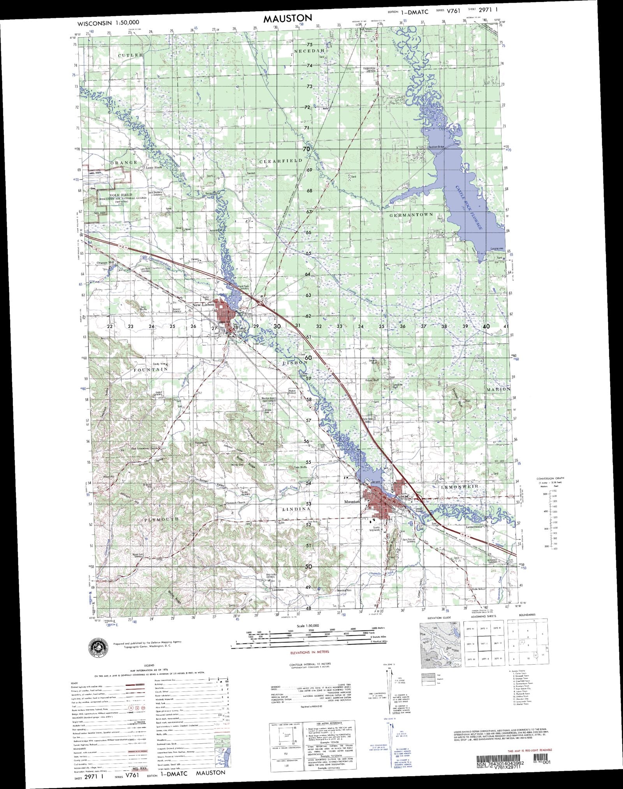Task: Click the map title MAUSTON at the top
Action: [x=287, y=18]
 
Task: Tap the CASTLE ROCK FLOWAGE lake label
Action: [x=469, y=207]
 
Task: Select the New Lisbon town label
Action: [x=204, y=305]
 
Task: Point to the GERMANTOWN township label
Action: [x=411, y=215]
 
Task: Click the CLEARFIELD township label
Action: [x=280, y=161]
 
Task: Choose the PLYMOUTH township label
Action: [x=161, y=520]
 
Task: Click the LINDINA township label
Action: [x=296, y=509]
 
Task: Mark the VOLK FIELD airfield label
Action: [x=121, y=195]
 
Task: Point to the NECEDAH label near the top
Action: [x=309, y=51]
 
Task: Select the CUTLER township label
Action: [x=130, y=55]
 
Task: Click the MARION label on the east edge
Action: [x=498, y=389]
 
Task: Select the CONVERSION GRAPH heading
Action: [x=550, y=478]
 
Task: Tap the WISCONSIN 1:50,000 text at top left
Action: [x=108, y=23]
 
